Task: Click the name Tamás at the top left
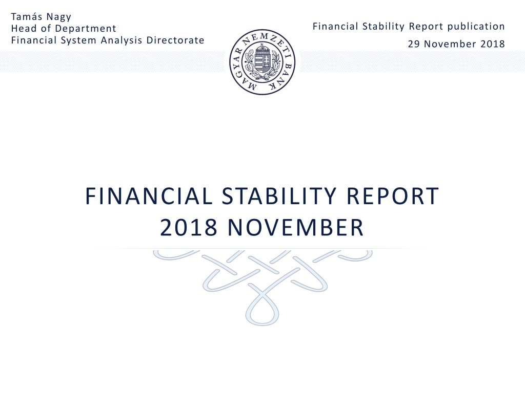[x=27, y=17]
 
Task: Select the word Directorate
[x=175, y=40]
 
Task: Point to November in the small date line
[x=450, y=44]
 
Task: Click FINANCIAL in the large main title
[x=149, y=196]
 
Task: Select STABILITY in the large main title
[x=279, y=196]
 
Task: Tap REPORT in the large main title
[x=392, y=196]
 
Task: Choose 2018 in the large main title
[x=189, y=227]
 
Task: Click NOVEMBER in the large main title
[x=295, y=227]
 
